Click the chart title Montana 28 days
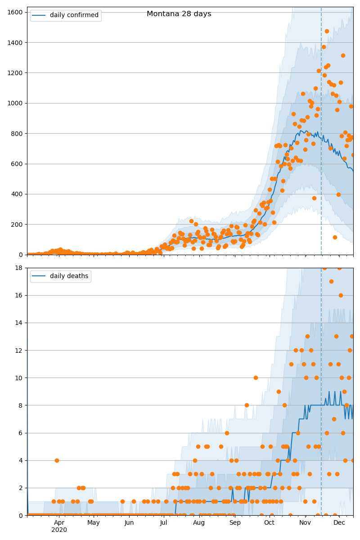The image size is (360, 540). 179,14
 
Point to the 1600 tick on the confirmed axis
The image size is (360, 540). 16,12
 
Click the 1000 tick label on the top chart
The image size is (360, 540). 16,103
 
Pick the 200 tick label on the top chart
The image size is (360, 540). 18,225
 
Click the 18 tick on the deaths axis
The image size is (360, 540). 19,268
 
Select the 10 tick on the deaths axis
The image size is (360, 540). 19,378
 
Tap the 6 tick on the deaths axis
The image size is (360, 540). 21,433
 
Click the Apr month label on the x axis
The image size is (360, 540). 59,523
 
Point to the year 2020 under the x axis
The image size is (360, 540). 59,530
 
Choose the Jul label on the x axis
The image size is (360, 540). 163,523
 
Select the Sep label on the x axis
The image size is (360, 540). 235,523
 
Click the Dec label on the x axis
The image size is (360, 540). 339,523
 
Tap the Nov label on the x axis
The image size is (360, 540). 305,523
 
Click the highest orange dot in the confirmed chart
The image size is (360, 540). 327,31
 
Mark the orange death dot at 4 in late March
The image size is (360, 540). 57,460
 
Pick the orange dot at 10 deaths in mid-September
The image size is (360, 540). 256,378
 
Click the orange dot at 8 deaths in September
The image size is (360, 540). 247,405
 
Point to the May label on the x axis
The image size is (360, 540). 94,523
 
